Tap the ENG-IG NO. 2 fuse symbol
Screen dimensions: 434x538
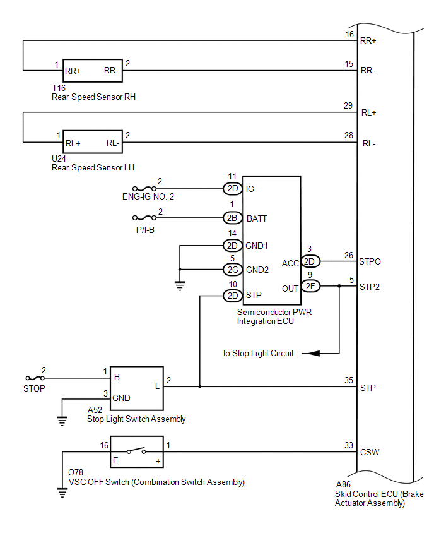point(144,189)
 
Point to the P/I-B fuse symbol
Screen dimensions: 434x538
point(144,218)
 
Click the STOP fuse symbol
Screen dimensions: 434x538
point(35,378)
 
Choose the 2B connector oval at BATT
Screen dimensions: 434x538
point(232,218)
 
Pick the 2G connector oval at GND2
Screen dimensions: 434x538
point(232,270)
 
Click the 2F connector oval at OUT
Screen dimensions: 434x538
point(310,286)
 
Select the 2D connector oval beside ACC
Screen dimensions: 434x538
point(310,261)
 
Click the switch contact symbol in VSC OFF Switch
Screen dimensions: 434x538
point(136,450)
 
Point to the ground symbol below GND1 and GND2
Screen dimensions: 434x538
point(180,285)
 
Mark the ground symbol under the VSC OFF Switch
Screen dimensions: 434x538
point(62,493)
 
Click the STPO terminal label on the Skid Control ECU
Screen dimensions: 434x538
point(370,262)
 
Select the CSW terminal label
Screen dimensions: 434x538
point(370,452)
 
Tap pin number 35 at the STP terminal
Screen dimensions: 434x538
point(349,380)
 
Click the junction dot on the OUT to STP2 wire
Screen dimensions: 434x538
point(339,286)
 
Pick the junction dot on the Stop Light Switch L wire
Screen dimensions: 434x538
point(200,386)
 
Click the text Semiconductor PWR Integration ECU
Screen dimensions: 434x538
point(274,317)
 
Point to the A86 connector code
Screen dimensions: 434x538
point(343,484)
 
